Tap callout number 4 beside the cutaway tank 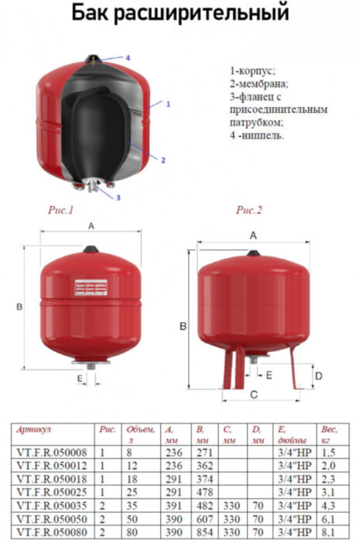[128, 58]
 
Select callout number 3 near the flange [118, 197]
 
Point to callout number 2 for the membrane [163, 160]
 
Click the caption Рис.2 [249, 211]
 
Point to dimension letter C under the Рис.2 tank [254, 395]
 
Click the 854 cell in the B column [204, 533]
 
